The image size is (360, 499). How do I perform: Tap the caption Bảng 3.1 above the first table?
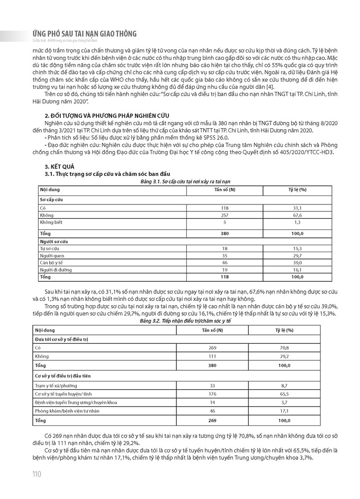coord(180,181)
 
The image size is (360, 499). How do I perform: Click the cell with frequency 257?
coord(224,216)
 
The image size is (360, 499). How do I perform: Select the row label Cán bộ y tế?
coord(52,262)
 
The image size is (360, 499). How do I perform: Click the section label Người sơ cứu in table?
coord(53,241)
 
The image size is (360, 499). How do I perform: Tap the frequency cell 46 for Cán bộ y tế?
coord(224,262)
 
